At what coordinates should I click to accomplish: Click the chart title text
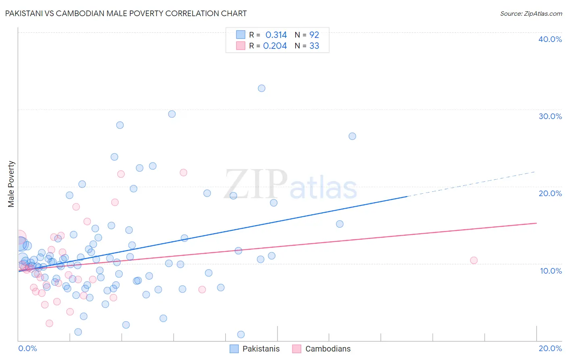pyautogui.click(x=125, y=13)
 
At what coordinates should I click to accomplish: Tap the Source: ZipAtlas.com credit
pyautogui.click(x=531, y=13)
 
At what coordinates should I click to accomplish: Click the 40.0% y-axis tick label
pyautogui.click(x=550, y=39)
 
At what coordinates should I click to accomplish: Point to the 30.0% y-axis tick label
pyautogui.click(x=550, y=116)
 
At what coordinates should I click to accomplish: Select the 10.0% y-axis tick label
pyautogui.click(x=550, y=271)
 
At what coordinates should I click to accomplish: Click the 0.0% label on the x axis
pyautogui.click(x=27, y=348)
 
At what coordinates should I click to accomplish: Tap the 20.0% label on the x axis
pyautogui.click(x=550, y=348)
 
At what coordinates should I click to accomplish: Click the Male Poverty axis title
pyautogui.click(x=11, y=184)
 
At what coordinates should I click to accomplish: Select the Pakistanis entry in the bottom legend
pyautogui.click(x=254, y=349)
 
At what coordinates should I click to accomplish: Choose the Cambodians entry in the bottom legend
pyautogui.click(x=321, y=349)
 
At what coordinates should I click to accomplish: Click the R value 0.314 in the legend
pyautogui.click(x=276, y=35)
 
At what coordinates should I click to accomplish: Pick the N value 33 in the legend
pyautogui.click(x=314, y=46)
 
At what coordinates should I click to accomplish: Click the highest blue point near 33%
pyautogui.click(x=261, y=88)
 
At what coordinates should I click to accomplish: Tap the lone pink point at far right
pyautogui.click(x=473, y=260)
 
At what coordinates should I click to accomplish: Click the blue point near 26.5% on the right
pyautogui.click(x=352, y=136)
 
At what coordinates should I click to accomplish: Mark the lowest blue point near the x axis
pyautogui.click(x=241, y=334)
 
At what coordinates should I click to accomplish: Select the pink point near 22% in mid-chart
pyautogui.click(x=183, y=172)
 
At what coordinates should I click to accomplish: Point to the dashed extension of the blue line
pyautogui.click(x=472, y=184)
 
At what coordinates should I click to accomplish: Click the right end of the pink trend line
pyautogui.click(x=536, y=223)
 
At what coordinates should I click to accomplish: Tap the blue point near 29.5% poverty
pyautogui.click(x=172, y=114)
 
